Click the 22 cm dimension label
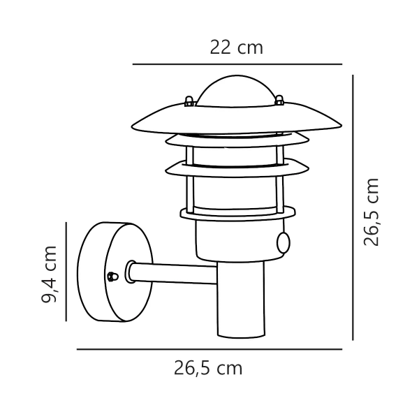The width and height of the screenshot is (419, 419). point(237,47)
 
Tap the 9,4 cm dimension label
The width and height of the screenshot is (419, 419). point(50,274)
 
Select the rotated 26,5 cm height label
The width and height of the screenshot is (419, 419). point(372,212)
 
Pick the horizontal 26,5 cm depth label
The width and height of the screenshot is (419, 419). point(208,368)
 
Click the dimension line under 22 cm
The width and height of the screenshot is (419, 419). point(237,64)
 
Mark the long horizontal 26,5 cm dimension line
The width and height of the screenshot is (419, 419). point(209,348)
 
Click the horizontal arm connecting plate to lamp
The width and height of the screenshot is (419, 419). point(175,273)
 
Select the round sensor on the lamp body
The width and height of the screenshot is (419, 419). point(284,242)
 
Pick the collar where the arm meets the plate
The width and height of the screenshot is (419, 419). point(130,272)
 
